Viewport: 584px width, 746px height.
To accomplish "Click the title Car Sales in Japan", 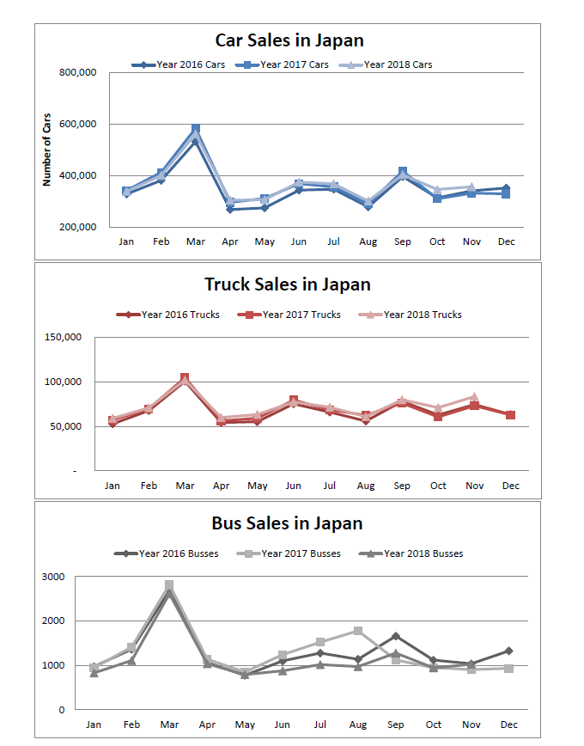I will [289, 40].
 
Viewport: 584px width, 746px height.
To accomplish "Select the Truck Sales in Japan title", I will [288, 284].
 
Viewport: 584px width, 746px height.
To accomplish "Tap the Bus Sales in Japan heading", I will [287, 523].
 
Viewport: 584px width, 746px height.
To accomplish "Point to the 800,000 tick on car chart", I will [77, 73].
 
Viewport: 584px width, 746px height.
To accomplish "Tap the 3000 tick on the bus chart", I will [53, 577].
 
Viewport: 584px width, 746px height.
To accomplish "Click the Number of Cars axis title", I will [47, 150].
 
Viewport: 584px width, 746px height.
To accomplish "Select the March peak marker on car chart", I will [196, 129].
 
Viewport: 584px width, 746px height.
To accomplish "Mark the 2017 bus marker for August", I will [358, 631].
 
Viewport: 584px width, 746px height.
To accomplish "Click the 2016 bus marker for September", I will [395, 636].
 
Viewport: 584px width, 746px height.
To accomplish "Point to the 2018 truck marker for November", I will [474, 396].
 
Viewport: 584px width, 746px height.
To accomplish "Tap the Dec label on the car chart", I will [507, 242].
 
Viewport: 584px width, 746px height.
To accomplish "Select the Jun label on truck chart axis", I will [293, 486].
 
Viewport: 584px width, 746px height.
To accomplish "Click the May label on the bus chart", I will [245, 725].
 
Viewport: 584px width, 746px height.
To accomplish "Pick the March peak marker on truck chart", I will [185, 378].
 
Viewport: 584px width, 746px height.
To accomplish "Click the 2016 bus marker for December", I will [508, 651].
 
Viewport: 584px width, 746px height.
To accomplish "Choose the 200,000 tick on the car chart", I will [77, 228].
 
